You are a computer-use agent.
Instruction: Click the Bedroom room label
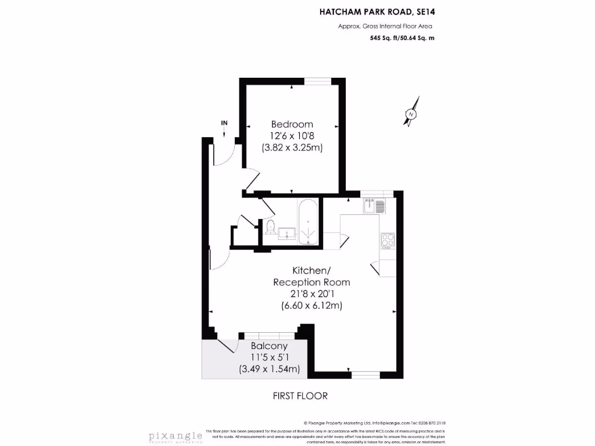click(292, 124)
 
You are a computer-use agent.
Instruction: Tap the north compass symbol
click(411, 115)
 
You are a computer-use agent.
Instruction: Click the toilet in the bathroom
click(270, 227)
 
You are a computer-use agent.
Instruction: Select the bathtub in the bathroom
click(307, 222)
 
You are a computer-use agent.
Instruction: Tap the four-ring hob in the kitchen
click(388, 240)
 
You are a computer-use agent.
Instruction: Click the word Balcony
click(270, 346)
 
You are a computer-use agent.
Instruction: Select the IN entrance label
click(224, 123)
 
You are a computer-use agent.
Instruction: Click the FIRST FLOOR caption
click(300, 396)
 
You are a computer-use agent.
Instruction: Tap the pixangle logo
click(174, 436)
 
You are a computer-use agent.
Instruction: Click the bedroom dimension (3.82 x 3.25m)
click(292, 148)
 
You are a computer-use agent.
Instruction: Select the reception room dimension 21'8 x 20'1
click(311, 294)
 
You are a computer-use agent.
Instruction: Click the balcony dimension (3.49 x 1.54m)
click(270, 369)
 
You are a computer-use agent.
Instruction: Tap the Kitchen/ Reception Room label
click(311, 276)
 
